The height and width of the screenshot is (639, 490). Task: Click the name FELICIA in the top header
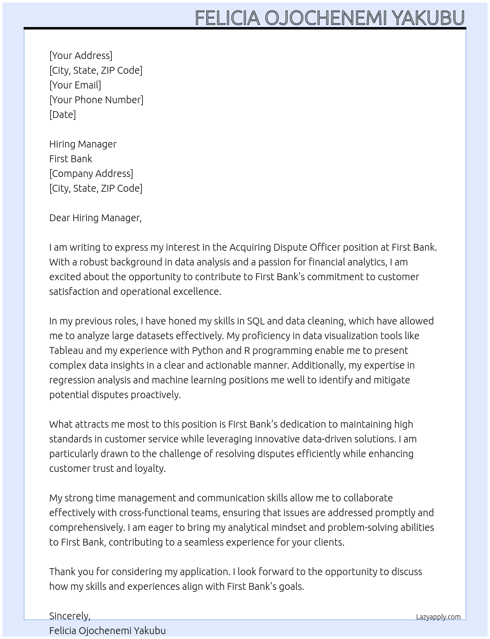point(227,18)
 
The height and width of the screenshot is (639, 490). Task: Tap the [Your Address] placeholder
point(81,56)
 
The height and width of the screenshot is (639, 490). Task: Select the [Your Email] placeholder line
point(75,85)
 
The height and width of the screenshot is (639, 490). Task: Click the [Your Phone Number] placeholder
point(96,100)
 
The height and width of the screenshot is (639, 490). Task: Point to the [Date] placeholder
point(62,115)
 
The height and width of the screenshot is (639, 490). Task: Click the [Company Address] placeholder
point(91,174)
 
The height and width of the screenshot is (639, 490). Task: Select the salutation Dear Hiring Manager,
point(95,218)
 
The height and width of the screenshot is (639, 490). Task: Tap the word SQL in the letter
point(256,321)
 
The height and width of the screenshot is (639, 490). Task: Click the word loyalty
point(151,468)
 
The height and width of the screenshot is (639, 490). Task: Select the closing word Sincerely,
point(70,616)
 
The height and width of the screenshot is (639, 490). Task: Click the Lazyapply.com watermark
point(438,617)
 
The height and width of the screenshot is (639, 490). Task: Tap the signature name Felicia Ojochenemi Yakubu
point(107,631)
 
